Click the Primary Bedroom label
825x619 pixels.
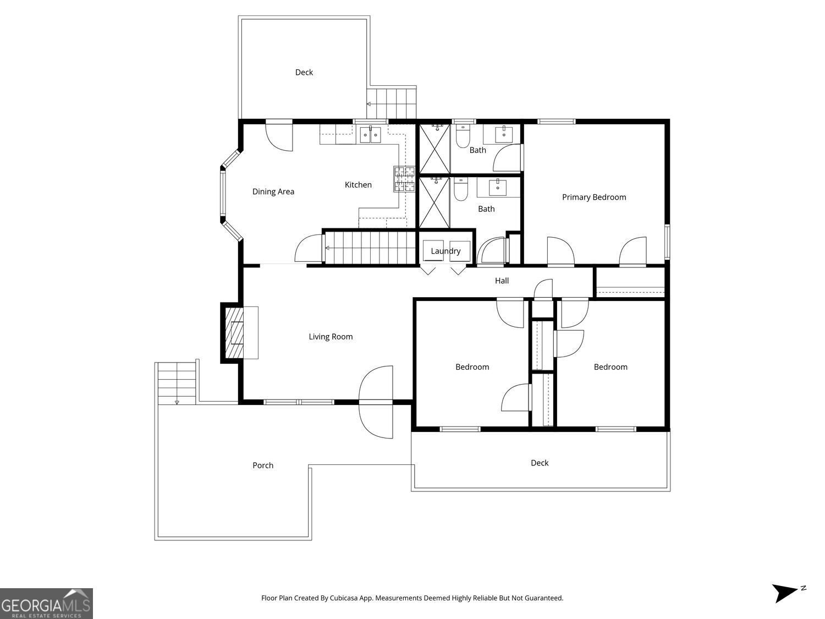coord(593,197)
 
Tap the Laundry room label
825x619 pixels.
coord(446,251)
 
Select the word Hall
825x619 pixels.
coord(502,281)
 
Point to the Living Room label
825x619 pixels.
coord(331,337)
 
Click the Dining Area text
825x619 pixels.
coord(273,191)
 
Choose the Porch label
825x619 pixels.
coord(263,465)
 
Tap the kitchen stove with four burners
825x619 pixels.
coord(404,179)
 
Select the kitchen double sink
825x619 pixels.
coord(370,134)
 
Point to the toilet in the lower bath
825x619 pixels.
coord(460,189)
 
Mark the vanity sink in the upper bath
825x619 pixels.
coord(503,134)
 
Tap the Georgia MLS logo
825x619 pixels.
coord(46,604)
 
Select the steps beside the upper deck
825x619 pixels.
coord(392,103)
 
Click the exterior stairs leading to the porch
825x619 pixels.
coord(177,384)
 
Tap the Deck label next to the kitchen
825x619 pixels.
coord(304,72)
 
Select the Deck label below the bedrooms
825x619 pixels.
coord(540,463)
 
